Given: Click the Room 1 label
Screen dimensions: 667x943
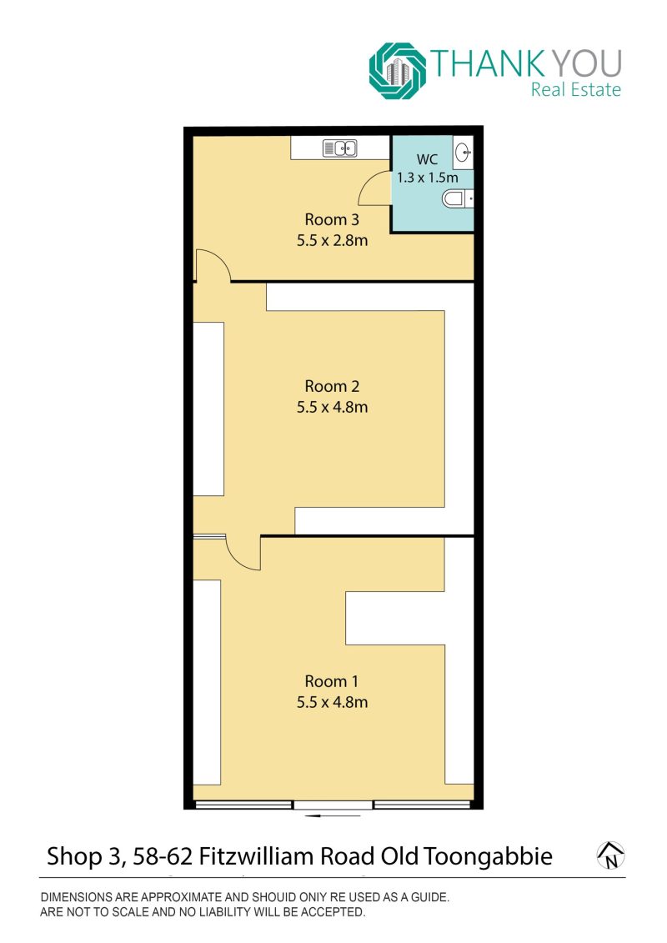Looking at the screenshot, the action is click(331, 681).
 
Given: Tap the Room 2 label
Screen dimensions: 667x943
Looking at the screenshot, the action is click(332, 386).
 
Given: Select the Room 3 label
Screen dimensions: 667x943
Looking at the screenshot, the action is click(332, 219).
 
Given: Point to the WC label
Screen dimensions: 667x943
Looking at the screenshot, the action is click(427, 159).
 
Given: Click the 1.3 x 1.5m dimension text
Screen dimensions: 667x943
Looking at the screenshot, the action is click(428, 178).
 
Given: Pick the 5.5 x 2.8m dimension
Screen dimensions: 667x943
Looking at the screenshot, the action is click(332, 241).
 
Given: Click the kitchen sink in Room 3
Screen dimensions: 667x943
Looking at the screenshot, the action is click(340, 148).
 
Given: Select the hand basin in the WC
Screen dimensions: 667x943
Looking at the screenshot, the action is click(463, 152).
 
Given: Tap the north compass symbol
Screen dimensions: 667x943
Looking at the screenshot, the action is click(610, 855).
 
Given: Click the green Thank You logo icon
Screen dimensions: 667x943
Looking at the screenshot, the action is click(398, 70).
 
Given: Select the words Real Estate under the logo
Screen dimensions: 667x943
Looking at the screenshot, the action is click(575, 89).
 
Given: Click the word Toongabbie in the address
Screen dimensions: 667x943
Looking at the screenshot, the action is click(488, 856).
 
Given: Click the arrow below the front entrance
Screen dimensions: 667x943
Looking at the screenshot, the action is click(333, 816).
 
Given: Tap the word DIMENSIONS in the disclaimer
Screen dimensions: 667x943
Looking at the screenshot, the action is click(77, 897).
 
